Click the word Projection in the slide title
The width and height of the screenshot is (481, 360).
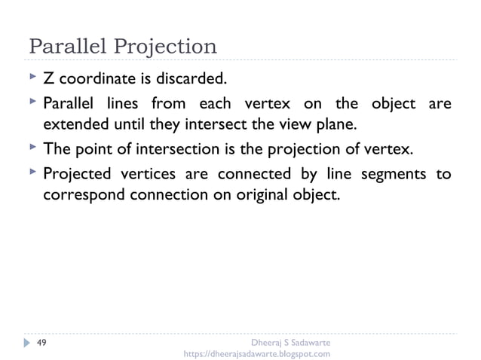[x=165, y=47]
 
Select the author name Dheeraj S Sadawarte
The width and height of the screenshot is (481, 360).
[x=289, y=342]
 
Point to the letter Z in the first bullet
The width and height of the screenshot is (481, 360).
[x=48, y=78]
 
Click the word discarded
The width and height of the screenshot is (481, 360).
[x=192, y=78]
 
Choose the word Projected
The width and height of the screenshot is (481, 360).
[x=75, y=175]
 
